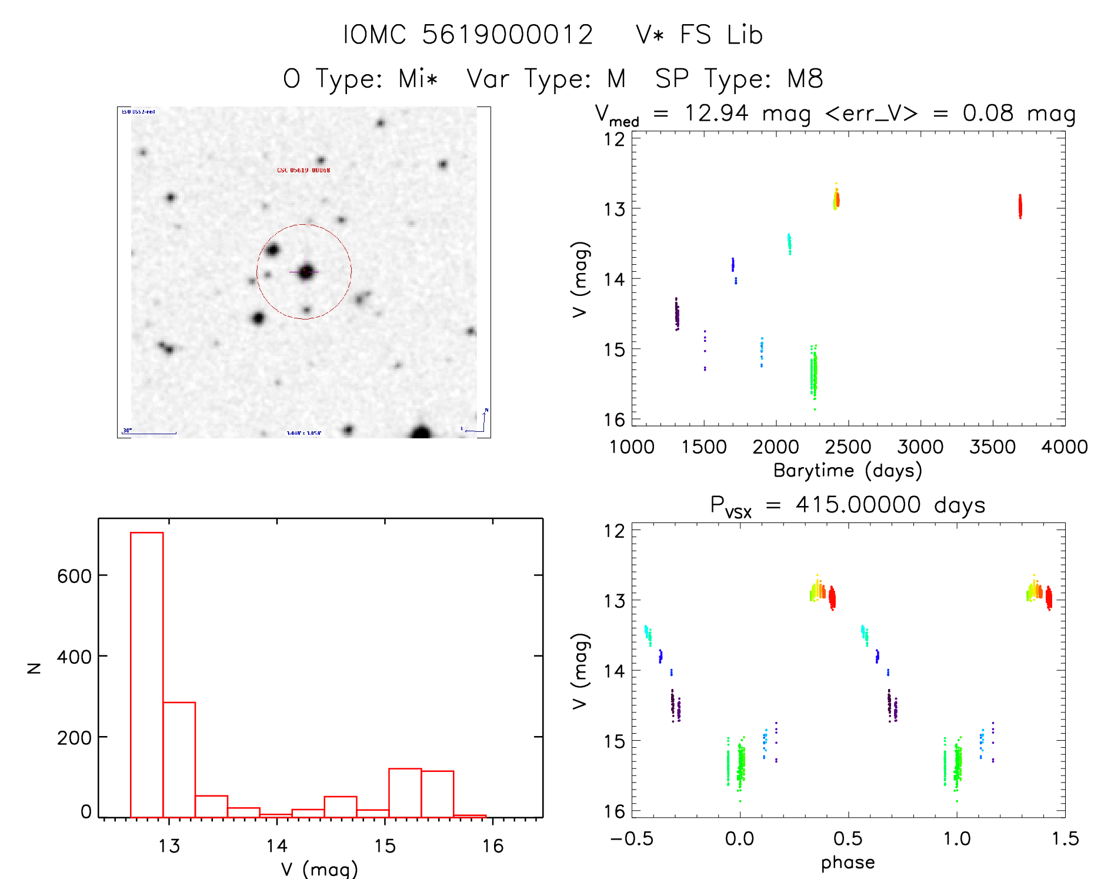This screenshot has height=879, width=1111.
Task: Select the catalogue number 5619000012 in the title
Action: pyautogui.click(x=508, y=35)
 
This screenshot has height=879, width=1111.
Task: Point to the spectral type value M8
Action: pyautogui.click(x=805, y=79)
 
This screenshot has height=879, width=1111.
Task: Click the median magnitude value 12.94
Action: pyautogui.click(x=716, y=113)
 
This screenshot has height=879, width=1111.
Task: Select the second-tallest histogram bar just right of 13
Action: pyautogui.click(x=179, y=759)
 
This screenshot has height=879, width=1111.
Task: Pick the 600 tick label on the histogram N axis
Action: pyautogui.click(x=75, y=576)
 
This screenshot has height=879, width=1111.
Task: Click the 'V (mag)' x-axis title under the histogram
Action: pyautogui.click(x=319, y=868)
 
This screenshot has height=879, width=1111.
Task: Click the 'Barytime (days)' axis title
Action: pyautogui.click(x=848, y=471)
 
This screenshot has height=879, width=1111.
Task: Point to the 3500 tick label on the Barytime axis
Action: pyautogui.click(x=992, y=447)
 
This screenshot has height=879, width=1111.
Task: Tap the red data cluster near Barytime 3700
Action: pyautogui.click(x=1020, y=207)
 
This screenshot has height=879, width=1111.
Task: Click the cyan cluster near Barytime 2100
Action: pyautogui.click(x=789, y=243)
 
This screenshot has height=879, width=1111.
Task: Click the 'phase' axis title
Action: pyautogui.click(x=848, y=863)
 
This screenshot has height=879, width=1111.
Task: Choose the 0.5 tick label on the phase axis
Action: pyautogui.click(x=848, y=838)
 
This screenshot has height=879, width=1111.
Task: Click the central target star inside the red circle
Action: pyautogui.click(x=306, y=272)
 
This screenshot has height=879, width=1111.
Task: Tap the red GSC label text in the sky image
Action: pyautogui.click(x=303, y=170)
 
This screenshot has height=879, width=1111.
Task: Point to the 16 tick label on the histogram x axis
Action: pyautogui.click(x=493, y=846)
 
